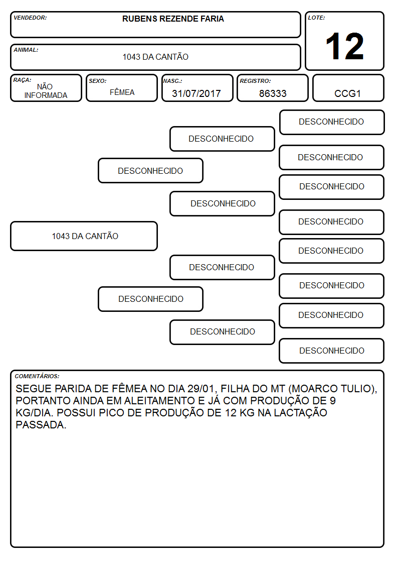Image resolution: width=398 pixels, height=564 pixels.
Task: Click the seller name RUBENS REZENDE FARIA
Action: tap(173, 19)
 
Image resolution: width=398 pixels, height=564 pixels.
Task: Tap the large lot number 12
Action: tap(344, 46)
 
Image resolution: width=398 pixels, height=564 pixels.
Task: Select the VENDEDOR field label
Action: tap(30, 18)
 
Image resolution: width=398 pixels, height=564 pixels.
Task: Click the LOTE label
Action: tap(316, 18)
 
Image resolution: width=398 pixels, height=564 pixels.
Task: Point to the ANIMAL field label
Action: tap(26, 50)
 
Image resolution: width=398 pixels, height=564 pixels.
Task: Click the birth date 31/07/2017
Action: tap(196, 93)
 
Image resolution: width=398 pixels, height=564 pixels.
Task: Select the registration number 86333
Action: tap(273, 93)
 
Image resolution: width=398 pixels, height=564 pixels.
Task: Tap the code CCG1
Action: tap(347, 93)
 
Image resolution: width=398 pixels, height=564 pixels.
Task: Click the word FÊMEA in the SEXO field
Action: tap(122, 92)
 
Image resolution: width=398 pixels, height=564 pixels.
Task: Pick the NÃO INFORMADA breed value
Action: tap(46, 91)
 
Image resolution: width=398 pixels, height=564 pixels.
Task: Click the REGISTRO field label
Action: tap(255, 81)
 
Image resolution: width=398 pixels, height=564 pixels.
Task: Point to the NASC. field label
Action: tap(172, 81)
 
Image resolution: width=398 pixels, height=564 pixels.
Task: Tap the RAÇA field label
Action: tap(22, 80)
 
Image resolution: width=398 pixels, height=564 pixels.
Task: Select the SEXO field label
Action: tap(98, 81)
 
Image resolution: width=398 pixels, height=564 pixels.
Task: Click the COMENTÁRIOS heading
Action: tap(37, 376)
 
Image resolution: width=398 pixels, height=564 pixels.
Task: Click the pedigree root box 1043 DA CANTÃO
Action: tap(84, 236)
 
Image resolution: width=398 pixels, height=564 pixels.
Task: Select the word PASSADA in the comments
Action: tap(41, 425)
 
